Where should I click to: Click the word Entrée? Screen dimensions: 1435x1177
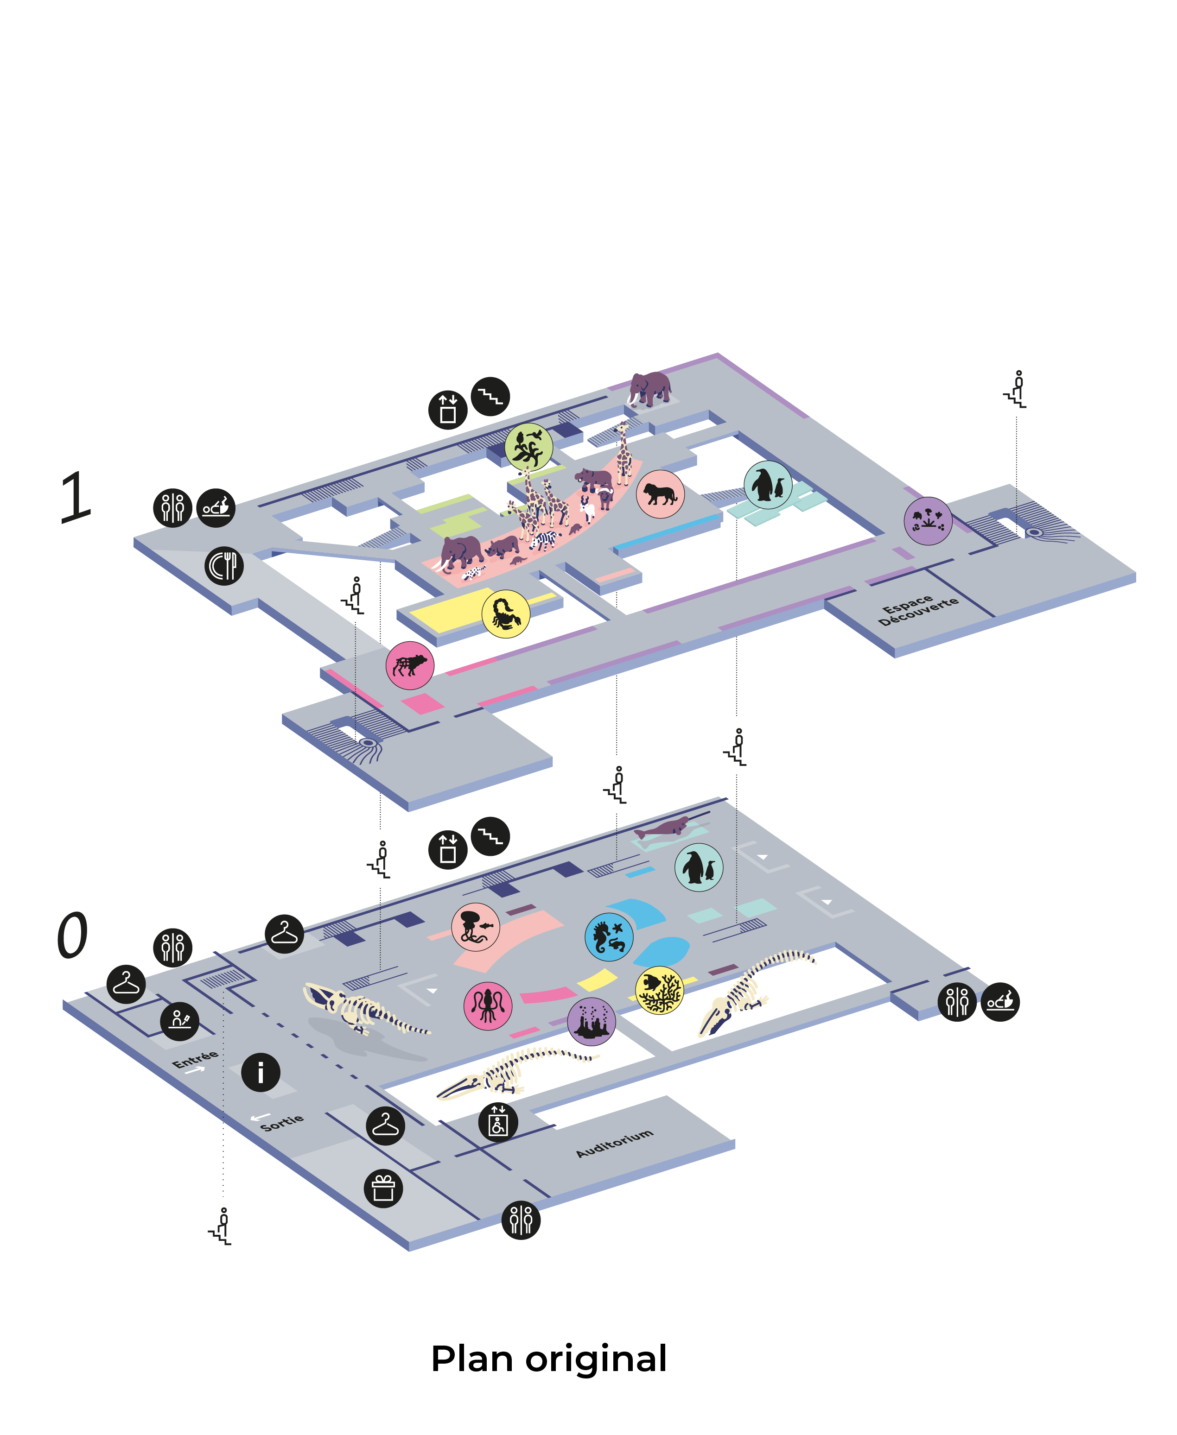pyautogui.click(x=195, y=1058)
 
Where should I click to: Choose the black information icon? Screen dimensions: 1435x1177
pyautogui.click(x=261, y=1072)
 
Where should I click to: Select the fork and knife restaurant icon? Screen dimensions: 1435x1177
pyautogui.click(x=224, y=566)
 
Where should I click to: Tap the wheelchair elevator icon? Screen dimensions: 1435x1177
pyautogui.click(x=498, y=1122)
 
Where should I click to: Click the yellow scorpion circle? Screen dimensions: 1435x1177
pyautogui.click(x=505, y=614)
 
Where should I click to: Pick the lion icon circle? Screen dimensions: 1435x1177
pyautogui.click(x=660, y=494)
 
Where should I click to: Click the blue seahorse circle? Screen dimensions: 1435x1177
pyautogui.click(x=609, y=937)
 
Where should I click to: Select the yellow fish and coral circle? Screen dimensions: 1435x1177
pyautogui.click(x=659, y=990)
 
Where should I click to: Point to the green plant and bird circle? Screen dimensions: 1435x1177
pyautogui.click(x=528, y=447)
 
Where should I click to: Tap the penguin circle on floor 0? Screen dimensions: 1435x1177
pyautogui.click(x=698, y=867)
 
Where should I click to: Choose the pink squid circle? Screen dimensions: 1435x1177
pyautogui.click(x=488, y=1005)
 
